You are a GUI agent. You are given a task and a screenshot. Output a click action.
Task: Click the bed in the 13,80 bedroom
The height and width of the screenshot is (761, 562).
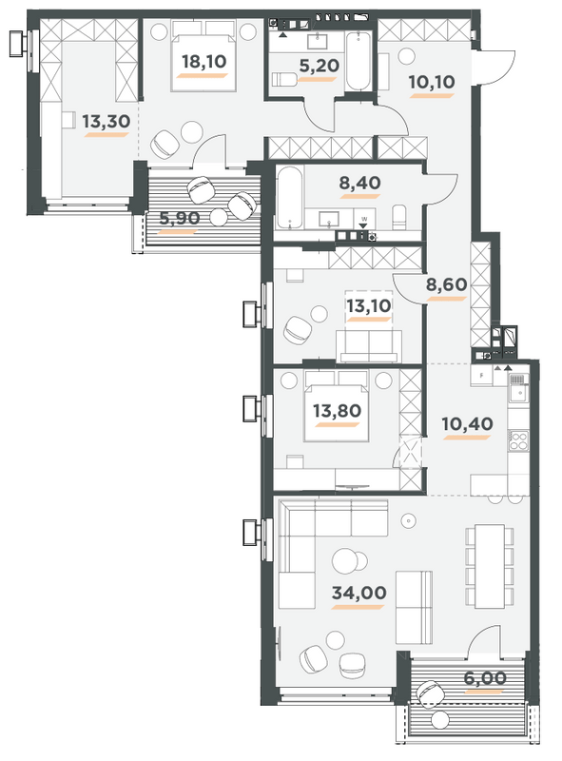click(336, 407)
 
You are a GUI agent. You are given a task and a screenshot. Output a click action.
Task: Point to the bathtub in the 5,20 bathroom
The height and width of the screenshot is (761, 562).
click(358, 59)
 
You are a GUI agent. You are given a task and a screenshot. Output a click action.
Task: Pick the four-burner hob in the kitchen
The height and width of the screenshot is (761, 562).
click(520, 440)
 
